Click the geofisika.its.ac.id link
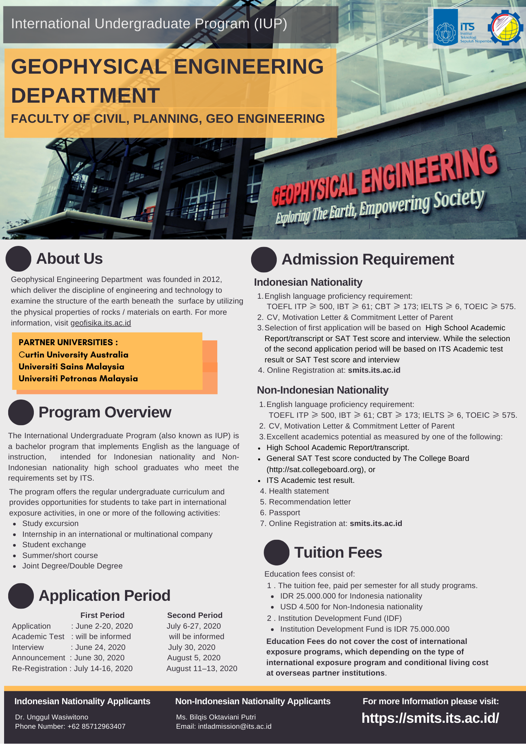coord(100,323)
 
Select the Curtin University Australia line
coord(74,355)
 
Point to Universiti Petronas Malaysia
coord(78,378)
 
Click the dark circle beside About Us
coord(18,259)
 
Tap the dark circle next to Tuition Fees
coord(276,552)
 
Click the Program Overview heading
coord(105,412)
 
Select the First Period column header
coord(102,615)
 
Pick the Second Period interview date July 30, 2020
coord(192,647)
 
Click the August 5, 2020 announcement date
coord(194,658)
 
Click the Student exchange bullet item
coord(54,545)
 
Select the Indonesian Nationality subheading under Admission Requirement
coord(308,282)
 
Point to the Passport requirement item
coord(284,513)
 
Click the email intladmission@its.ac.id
coord(235,726)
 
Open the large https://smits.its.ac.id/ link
coord(430,718)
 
